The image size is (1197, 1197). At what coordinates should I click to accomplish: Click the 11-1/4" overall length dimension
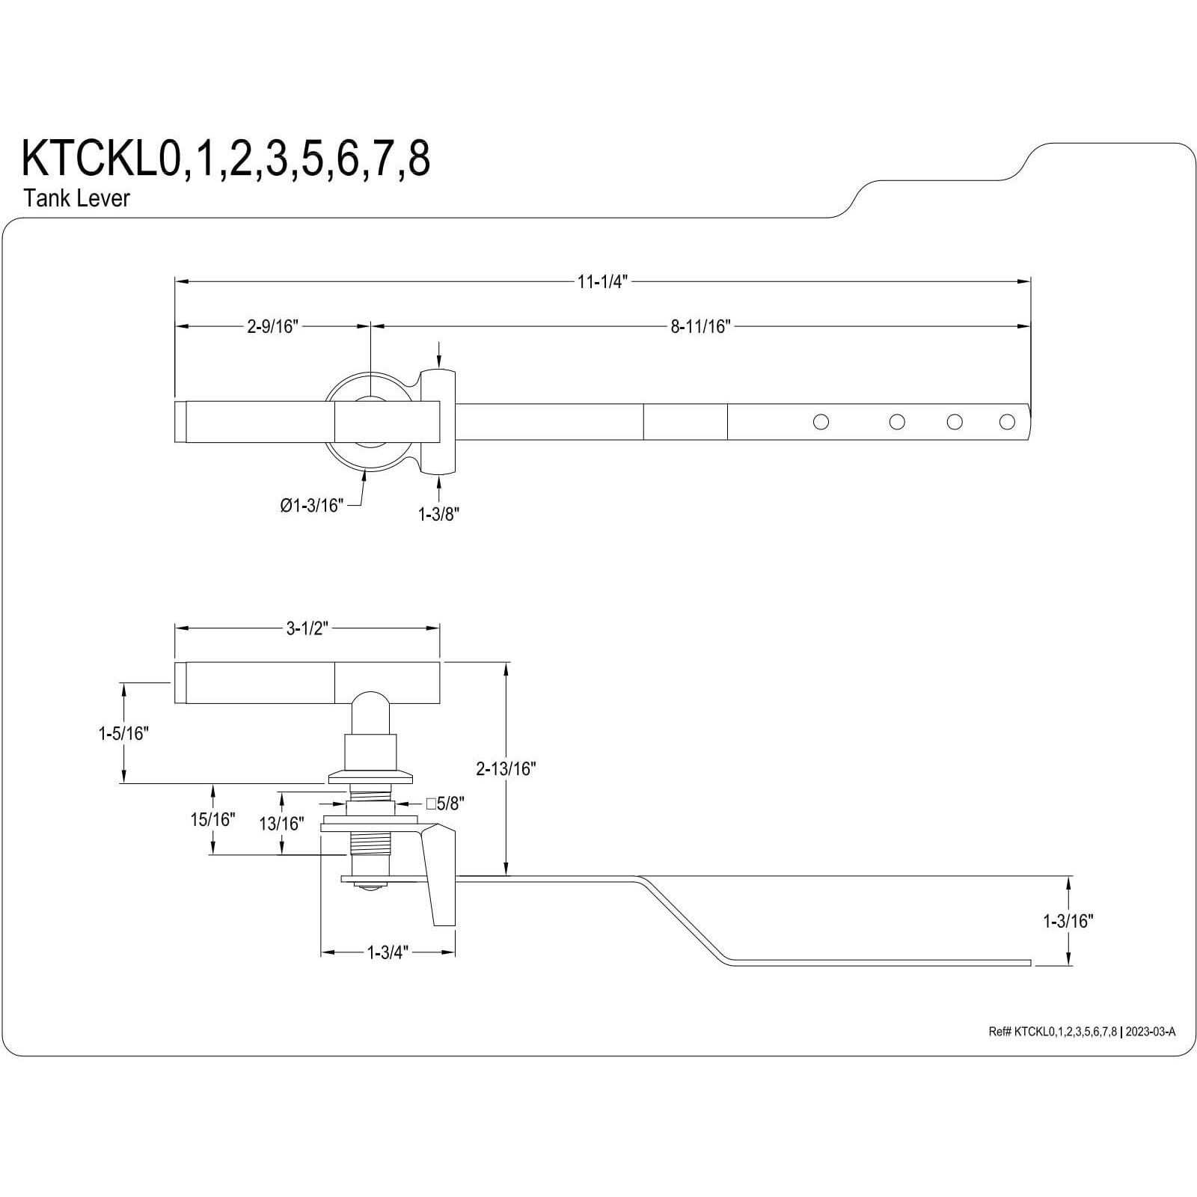coord(601,282)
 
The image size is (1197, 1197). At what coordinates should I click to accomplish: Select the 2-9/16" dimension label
coord(273,326)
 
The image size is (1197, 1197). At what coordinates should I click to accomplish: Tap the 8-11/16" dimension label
coord(699,326)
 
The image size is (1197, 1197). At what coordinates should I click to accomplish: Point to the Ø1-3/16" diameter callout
coord(312,506)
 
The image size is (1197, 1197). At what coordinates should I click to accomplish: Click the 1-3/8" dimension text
coord(438,514)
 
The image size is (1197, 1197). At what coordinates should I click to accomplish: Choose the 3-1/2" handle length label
coord(307,628)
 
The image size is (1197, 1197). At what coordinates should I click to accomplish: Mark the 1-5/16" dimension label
coord(124,734)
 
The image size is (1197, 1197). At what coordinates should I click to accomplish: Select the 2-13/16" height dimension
coord(506,768)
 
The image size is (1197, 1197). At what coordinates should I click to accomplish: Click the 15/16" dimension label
coord(212,819)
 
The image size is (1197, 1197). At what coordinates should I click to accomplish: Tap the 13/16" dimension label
coord(281,824)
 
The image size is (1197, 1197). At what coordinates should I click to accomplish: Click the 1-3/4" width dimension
coord(388,952)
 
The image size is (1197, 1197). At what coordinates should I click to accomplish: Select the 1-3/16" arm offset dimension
coord(1068,922)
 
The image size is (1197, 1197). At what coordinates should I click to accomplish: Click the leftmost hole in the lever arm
coord(821,422)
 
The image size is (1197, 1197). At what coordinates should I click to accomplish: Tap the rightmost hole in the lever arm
coord(1007,422)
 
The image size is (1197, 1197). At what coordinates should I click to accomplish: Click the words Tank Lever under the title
coord(76,198)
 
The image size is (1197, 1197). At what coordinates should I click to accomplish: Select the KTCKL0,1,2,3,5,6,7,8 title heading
coord(226,159)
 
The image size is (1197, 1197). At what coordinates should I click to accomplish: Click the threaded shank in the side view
coord(370,844)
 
